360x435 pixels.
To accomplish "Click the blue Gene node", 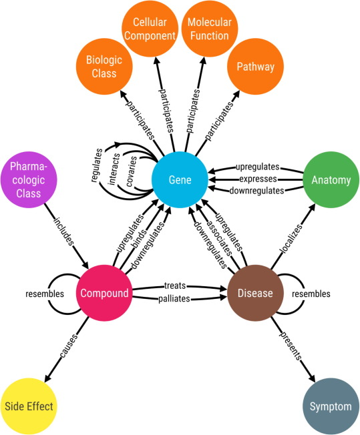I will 179,180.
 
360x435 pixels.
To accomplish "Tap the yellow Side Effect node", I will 28,405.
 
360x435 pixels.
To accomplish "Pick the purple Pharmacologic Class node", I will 30,180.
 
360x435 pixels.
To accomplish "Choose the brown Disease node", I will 254,293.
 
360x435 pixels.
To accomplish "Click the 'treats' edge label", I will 178,286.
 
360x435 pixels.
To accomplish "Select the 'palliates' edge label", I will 178,300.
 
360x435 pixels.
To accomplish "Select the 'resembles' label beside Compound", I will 45,294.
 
